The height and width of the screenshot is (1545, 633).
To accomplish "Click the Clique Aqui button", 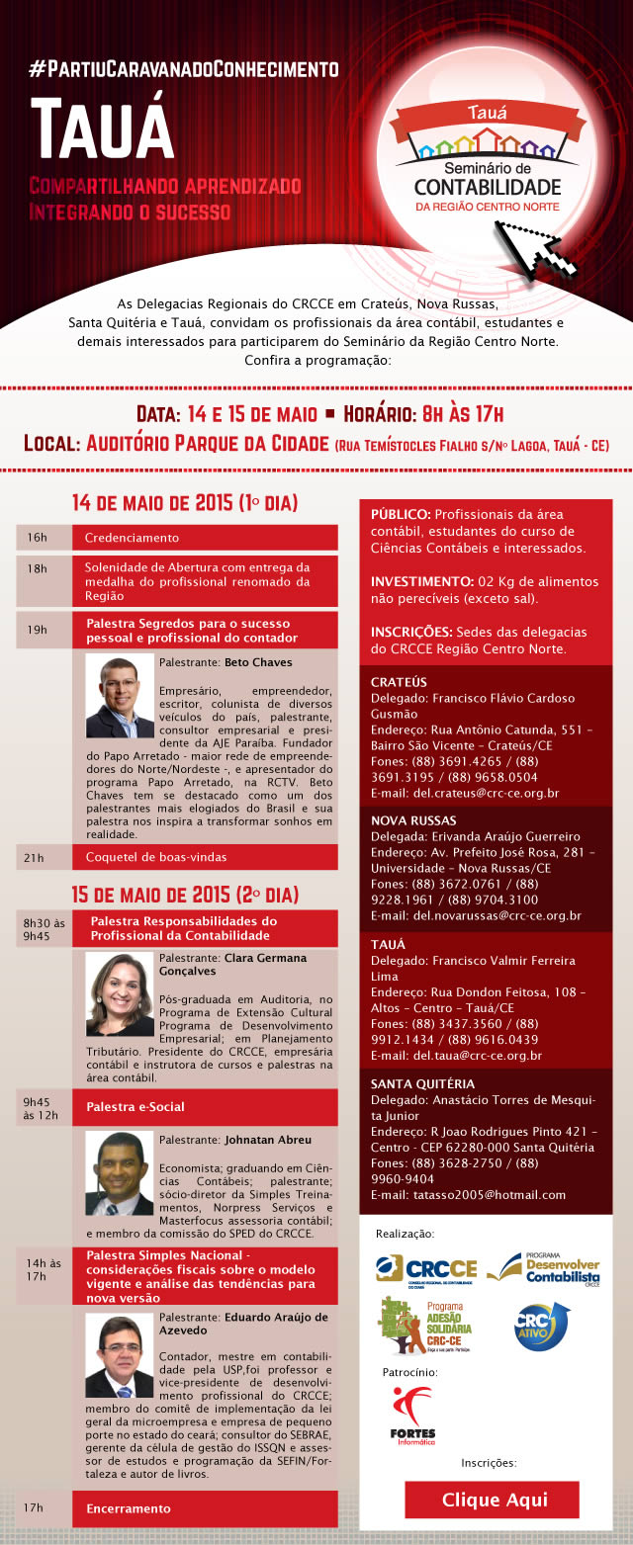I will click(x=492, y=1500).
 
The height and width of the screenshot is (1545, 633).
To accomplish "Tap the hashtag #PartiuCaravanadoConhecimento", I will click(x=184, y=69).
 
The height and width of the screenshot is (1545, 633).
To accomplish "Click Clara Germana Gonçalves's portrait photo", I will click(x=120, y=992).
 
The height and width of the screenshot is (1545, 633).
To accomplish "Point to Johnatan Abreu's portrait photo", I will click(x=120, y=1172).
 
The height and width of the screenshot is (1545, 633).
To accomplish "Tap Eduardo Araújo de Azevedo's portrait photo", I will click(x=120, y=1354).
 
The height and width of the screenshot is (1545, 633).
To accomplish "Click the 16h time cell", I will click(x=39, y=538).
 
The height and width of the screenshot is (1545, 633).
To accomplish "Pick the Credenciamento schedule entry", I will click(x=132, y=538).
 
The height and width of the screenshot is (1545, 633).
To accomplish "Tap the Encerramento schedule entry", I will click(x=128, y=1508).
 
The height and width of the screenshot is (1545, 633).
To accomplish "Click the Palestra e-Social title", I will click(x=136, y=1106).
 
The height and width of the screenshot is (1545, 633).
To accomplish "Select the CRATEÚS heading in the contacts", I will click(x=399, y=682).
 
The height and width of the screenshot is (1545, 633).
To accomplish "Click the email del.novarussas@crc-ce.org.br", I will click(x=476, y=915).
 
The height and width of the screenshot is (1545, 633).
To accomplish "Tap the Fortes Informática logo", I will click(x=412, y=1415).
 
